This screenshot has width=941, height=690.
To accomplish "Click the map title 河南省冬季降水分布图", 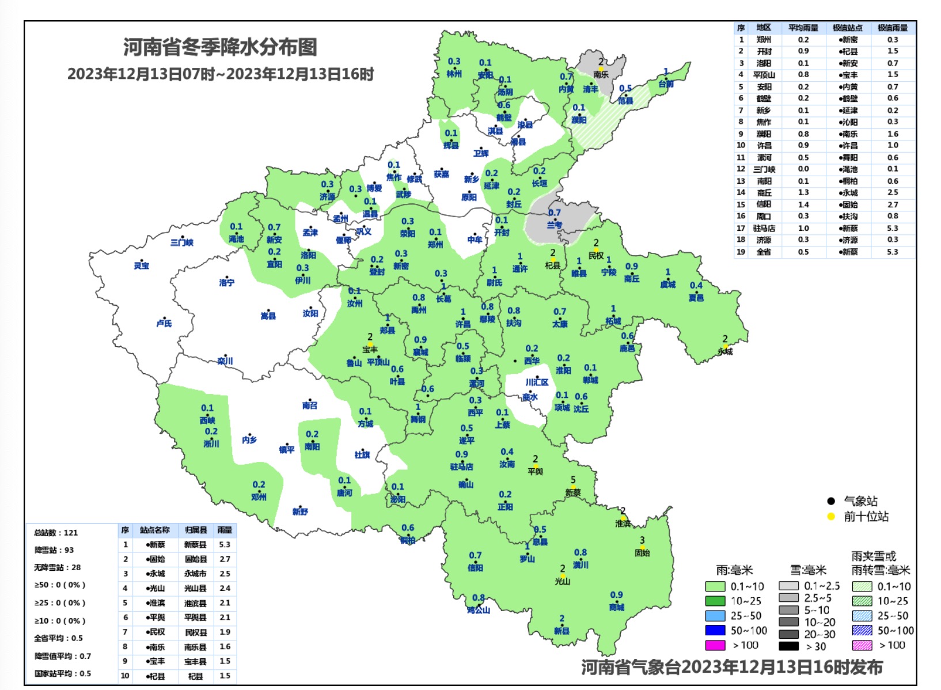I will coord(220,47).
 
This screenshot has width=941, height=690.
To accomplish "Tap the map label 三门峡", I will coord(182,242).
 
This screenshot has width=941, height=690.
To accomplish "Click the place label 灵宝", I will coord(142,266).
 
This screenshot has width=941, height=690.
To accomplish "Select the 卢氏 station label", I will coord(164,324).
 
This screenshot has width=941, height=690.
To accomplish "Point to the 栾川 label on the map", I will coord(225,361).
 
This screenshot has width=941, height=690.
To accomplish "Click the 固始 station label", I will coord(642,552).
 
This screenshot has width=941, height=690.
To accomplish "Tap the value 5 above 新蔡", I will coord(573,480).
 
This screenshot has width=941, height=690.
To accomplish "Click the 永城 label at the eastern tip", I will coord(726,351).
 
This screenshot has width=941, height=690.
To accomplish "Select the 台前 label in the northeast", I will coord(666,84).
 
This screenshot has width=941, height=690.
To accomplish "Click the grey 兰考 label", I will coord(555,225).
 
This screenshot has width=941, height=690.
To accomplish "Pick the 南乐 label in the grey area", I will coord(601,74).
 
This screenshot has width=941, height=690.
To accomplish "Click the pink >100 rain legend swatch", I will coord(715,646).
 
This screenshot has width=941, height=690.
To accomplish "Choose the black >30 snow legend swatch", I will coord(788,646).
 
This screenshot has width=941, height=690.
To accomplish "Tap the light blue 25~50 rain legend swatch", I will coord(715,616).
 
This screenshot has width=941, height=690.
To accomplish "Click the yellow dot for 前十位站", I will coord(830,517).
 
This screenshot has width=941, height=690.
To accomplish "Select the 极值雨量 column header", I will coord(892,28).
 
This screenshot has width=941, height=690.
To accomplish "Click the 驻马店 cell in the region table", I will coord(764,228).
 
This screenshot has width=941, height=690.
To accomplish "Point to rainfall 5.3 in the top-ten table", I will coord(225,544).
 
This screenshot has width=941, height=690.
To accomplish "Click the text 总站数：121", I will coord(56,533).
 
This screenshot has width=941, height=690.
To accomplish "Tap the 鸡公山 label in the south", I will coord(479,609).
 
